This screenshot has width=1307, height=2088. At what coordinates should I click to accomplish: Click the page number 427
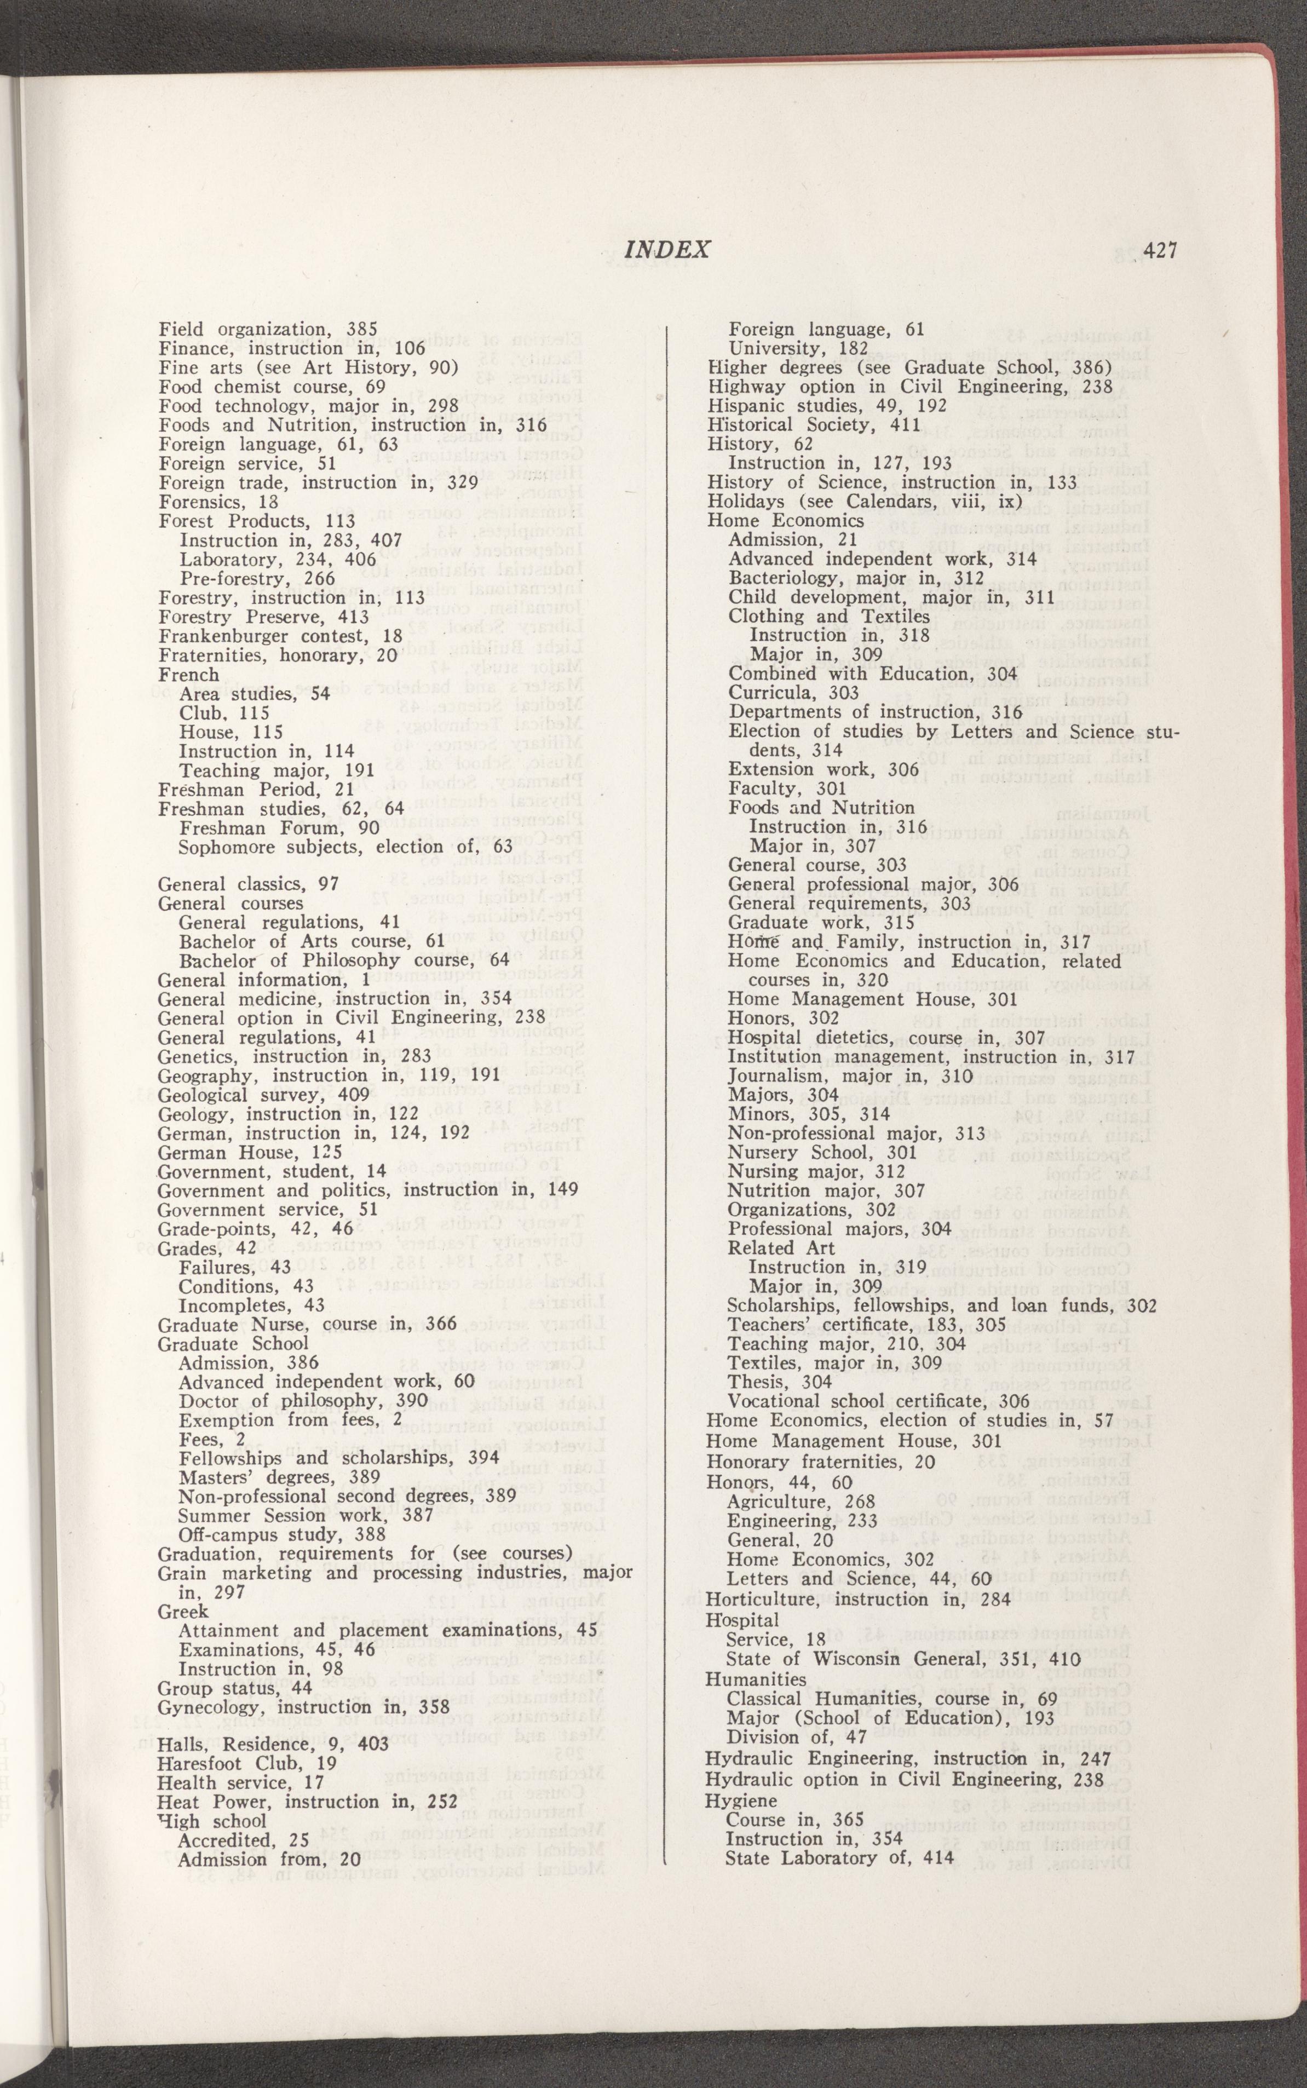coord(1160,251)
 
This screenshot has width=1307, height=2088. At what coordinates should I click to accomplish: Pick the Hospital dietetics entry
coord(886,1037)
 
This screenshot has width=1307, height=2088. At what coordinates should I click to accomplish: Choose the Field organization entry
coord(268,329)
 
